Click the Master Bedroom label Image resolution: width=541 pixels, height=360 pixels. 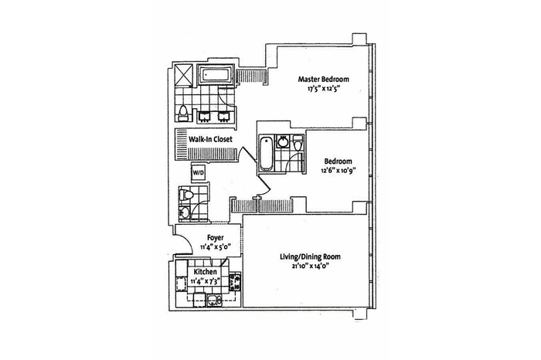click(323, 80)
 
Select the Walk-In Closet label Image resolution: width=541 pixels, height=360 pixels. click(210, 139)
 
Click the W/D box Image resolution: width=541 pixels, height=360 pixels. click(199, 172)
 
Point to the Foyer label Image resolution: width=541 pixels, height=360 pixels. click(216, 238)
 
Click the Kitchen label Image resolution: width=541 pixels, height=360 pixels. click(206, 272)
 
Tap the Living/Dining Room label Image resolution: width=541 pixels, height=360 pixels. click(309, 257)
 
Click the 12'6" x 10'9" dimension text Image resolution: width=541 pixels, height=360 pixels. click(338, 171)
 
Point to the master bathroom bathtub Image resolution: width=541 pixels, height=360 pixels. click(216, 74)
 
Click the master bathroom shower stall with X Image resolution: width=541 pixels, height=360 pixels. click(185, 74)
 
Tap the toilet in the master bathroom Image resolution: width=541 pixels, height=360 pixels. click(183, 114)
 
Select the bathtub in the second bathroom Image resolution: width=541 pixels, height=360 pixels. click(266, 154)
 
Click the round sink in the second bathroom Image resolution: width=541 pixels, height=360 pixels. click(284, 141)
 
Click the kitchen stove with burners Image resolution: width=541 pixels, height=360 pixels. click(236, 280)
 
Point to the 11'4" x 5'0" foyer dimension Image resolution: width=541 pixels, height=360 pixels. click(216, 247)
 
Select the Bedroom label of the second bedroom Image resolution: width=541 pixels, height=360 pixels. click(338, 161)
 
